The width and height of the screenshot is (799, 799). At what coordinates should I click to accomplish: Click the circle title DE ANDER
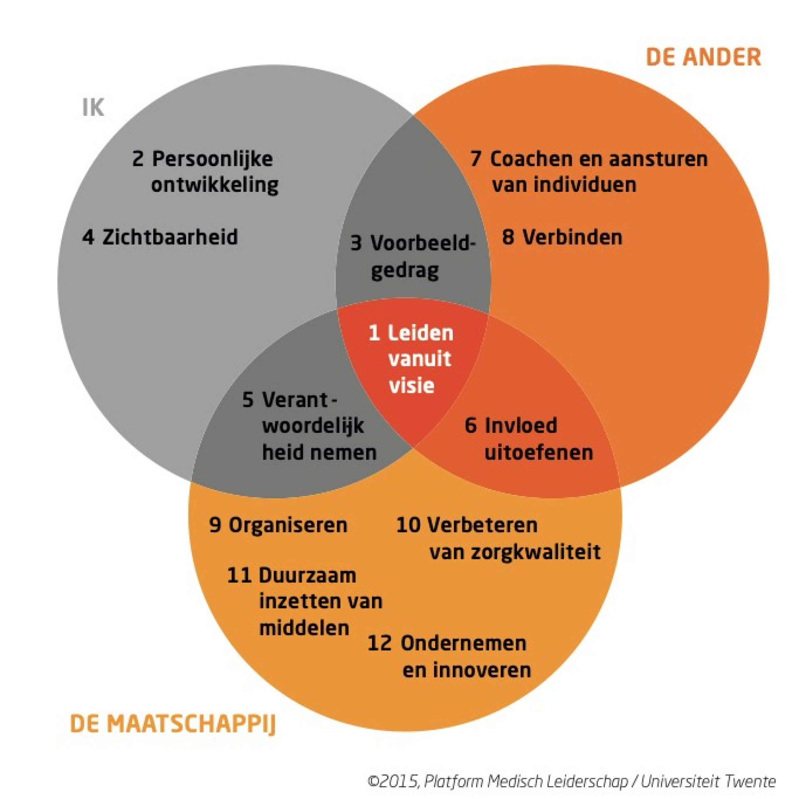pyautogui.click(x=703, y=57)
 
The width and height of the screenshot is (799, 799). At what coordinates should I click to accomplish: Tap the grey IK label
pyautogui.click(x=93, y=108)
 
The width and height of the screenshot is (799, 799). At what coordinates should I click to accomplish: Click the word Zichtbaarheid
pyautogui.click(x=170, y=237)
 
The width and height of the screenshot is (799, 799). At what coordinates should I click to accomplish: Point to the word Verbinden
pyautogui.click(x=572, y=237)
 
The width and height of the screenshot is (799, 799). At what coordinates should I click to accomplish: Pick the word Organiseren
pyautogui.click(x=288, y=525)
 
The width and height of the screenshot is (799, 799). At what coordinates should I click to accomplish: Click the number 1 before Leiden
pyautogui.click(x=374, y=333)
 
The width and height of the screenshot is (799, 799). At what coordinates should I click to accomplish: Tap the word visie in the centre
pyautogui.click(x=412, y=386)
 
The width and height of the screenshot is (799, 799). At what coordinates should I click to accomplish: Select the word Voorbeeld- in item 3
pyautogui.click(x=423, y=243)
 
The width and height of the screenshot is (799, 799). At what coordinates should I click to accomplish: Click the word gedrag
pyautogui.click(x=404, y=271)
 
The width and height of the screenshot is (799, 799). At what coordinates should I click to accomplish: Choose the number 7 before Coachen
pyautogui.click(x=475, y=159)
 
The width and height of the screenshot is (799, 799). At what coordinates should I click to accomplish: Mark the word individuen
pyautogui.click(x=585, y=185)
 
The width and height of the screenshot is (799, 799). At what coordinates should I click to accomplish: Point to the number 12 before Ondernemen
pyautogui.click(x=379, y=643)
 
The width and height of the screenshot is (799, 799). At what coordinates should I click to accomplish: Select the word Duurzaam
pyautogui.click(x=307, y=576)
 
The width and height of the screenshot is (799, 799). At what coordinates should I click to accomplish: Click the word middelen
pyautogui.click(x=304, y=628)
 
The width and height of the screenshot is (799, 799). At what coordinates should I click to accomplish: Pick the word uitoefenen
pyautogui.click(x=538, y=453)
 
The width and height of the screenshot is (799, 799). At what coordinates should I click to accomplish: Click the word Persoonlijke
pyautogui.click(x=212, y=159)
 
